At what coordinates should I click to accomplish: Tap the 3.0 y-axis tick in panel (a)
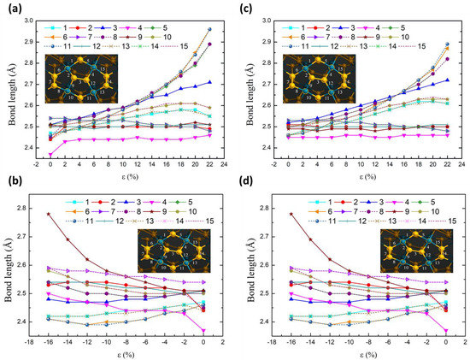32,19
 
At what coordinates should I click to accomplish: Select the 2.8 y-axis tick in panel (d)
263,208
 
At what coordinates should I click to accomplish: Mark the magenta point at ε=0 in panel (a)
50,154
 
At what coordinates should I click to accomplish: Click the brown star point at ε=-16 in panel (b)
50,214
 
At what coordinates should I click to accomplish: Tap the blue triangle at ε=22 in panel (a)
209,82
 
